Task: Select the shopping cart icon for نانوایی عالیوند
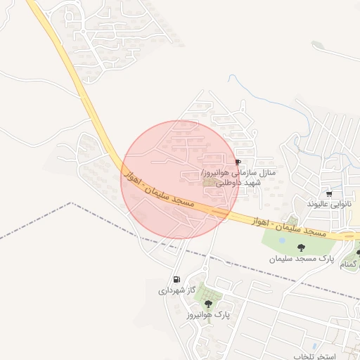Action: [329, 193]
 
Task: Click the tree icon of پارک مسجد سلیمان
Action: [302, 247]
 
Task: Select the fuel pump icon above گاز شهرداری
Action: [176, 279]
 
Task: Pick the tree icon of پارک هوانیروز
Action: [208, 304]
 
